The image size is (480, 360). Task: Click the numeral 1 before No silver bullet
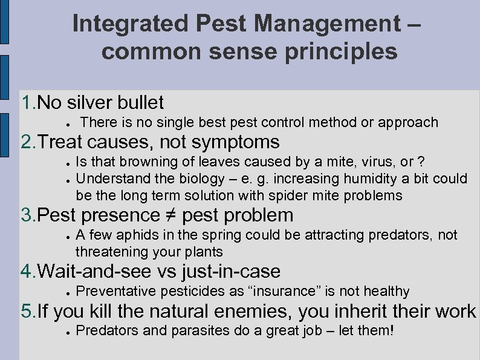[x=26, y=102]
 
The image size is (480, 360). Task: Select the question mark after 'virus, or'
[x=421, y=162]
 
